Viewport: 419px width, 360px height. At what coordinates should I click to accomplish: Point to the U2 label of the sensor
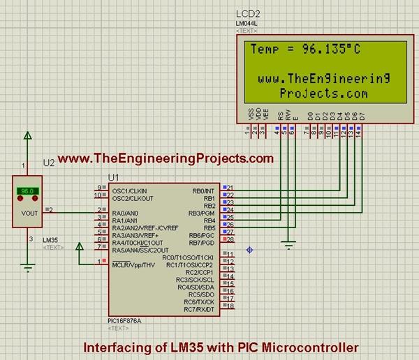pyautogui.click(x=49, y=163)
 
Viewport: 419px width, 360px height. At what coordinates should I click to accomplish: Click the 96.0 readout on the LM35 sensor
pyautogui.click(x=27, y=190)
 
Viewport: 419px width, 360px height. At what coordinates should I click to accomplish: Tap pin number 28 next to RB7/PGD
pyautogui.click(x=230, y=239)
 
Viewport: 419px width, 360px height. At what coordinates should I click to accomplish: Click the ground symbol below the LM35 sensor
pyautogui.click(x=27, y=266)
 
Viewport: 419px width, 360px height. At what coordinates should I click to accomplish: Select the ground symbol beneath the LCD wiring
pyautogui.click(x=286, y=243)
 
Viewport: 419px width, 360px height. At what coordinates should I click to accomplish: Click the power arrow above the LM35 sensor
pyautogui.click(x=27, y=136)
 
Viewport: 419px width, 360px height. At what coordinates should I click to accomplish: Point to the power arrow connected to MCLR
pyautogui.click(x=80, y=246)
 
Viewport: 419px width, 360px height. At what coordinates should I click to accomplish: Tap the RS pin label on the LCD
pyautogui.click(x=280, y=114)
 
